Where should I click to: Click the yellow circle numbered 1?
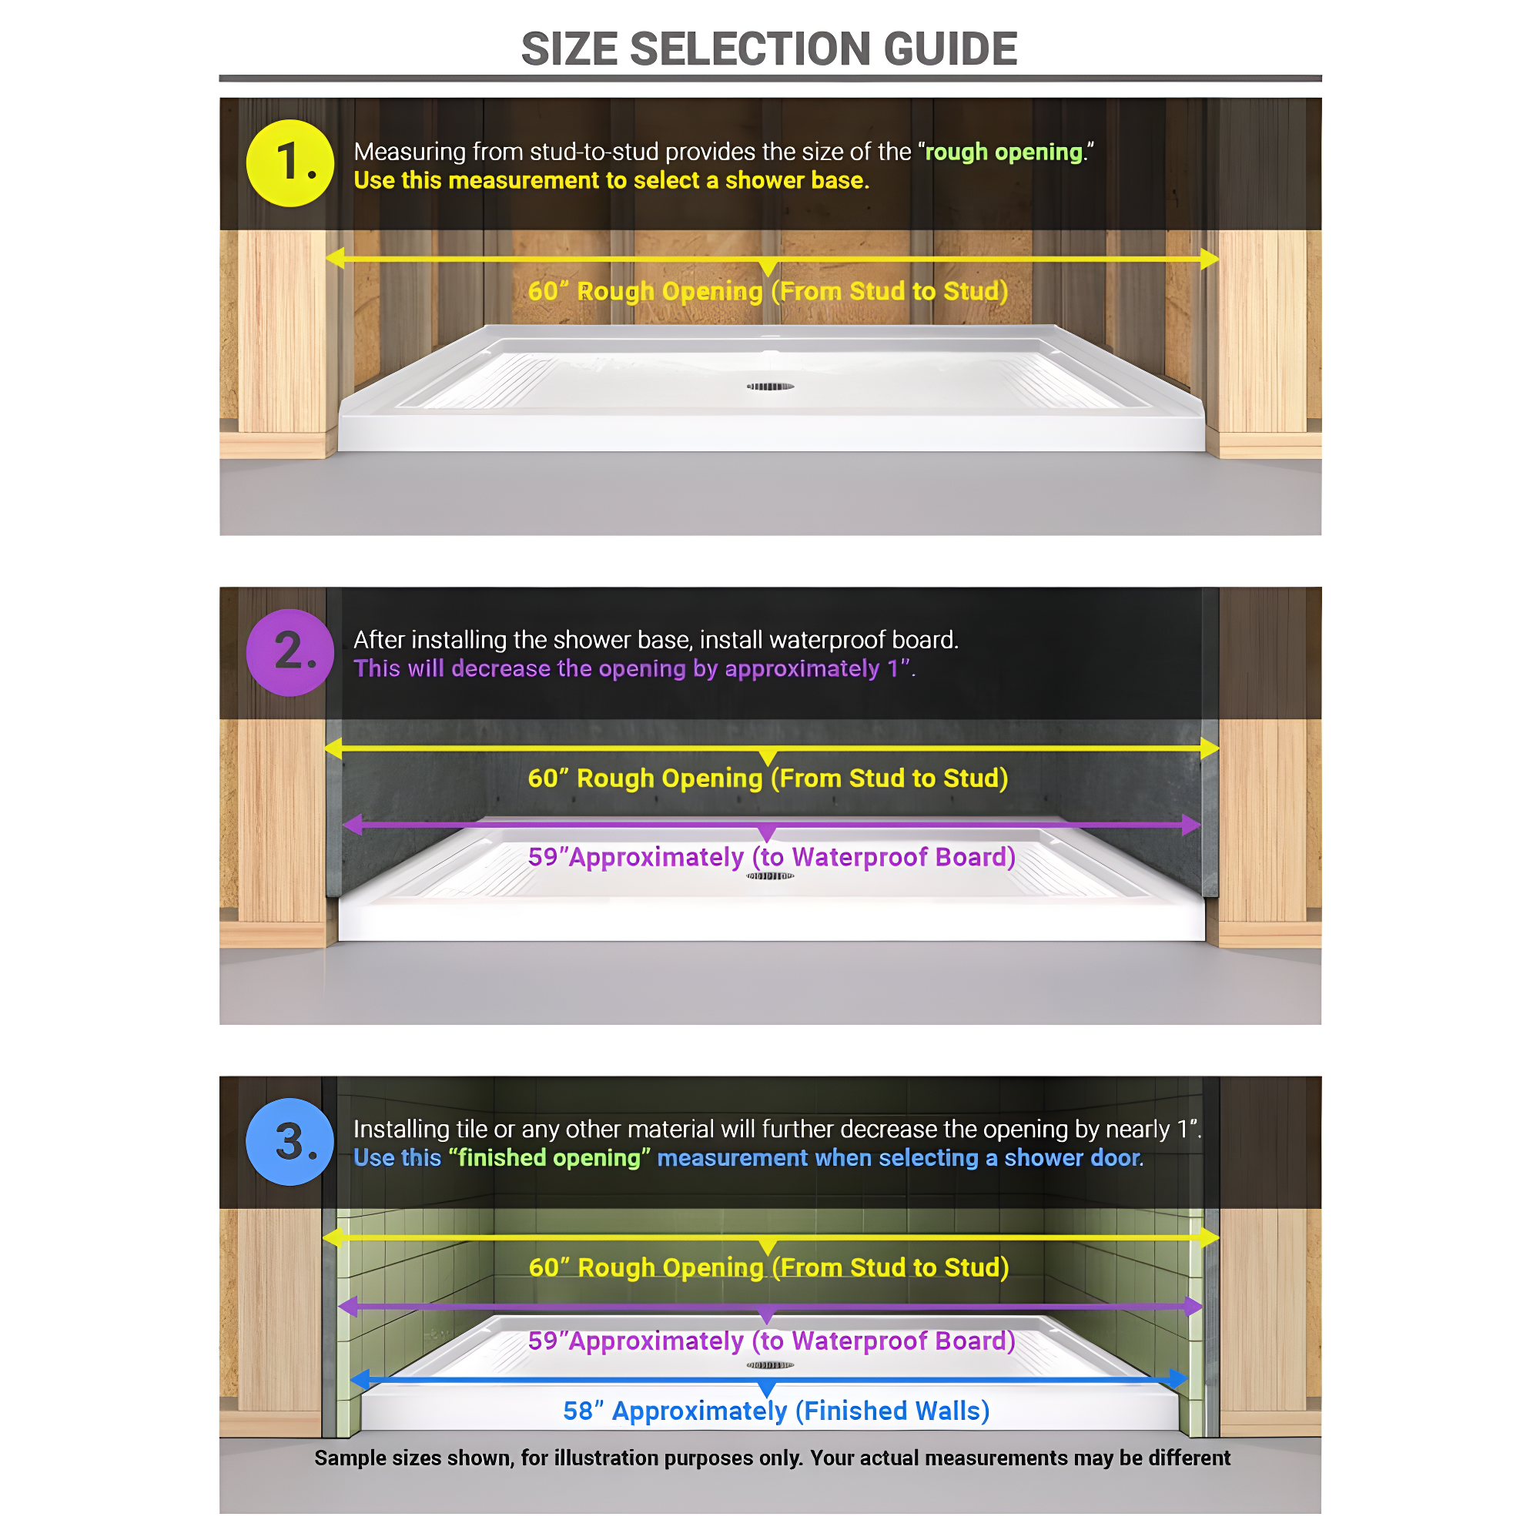click(290, 163)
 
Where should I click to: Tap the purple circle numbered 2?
click(290, 652)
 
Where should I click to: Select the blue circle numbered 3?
click(290, 1141)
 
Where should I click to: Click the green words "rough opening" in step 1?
click(1003, 152)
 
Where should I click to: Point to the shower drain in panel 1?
click(770, 387)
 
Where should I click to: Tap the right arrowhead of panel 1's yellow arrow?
click(1209, 258)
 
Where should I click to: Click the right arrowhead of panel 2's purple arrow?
click(1192, 825)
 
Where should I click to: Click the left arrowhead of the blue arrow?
click(361, 1379)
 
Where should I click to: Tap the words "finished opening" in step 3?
click(550, 1157)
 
